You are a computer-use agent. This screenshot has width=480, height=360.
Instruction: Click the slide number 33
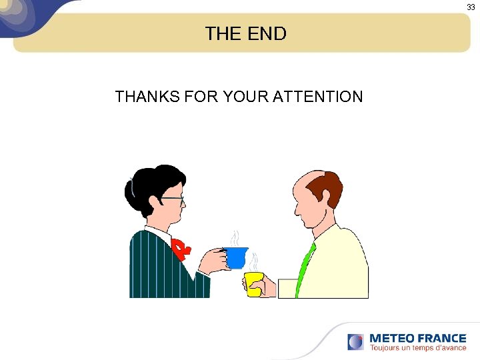471,7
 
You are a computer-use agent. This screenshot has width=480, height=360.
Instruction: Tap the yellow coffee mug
253,283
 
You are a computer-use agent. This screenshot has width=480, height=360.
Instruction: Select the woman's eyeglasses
172,199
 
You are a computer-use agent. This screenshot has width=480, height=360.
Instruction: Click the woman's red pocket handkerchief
181,248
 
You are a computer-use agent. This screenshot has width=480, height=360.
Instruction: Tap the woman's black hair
148,187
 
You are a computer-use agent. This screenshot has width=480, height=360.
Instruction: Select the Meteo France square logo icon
355,342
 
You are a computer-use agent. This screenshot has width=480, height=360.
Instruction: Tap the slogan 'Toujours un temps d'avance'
418,348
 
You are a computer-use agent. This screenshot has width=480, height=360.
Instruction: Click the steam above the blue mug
235,238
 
